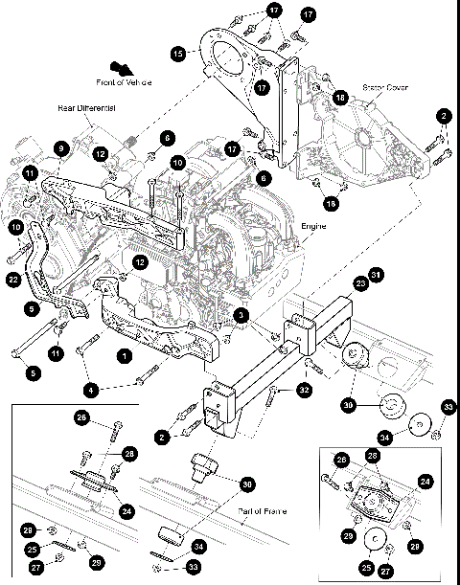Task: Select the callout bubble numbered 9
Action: pyautogui.click(x=59, y=148)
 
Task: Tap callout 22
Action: pyautogui.click(x=11, y=279)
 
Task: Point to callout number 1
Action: pyautogui.click(x=123, y=354)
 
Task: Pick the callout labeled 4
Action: pyautogui.click(x=92, y=390)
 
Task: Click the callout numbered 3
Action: pyautogui.click(x=242, y=315)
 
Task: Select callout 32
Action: pyautogui.click(x=303, y=390)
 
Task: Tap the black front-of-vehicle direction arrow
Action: pyautogui.click(x=123, y=67)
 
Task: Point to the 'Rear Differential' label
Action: pyautogui.click(x=85, y=110)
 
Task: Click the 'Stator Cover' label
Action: pyautogui.click(x=386, y=87)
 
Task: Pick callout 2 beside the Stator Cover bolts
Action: pyautogui.click(x=443, y=116)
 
